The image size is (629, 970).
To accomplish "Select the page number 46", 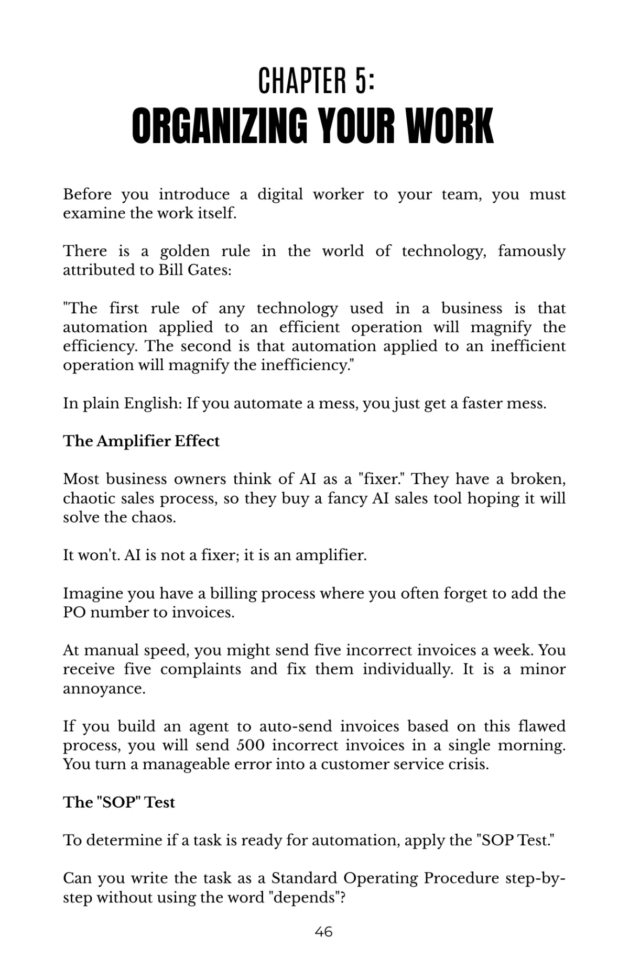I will [323, 931].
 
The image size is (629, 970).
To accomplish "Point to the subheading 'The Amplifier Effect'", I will [141, 441].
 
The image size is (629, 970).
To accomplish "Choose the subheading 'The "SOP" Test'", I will [119, 802].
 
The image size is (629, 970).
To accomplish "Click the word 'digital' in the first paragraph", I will [280, 194].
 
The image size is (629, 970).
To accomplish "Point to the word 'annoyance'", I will [104, 689].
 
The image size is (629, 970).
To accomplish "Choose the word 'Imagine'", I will [93, 593].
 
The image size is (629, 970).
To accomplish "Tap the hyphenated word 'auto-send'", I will [295, 726].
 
